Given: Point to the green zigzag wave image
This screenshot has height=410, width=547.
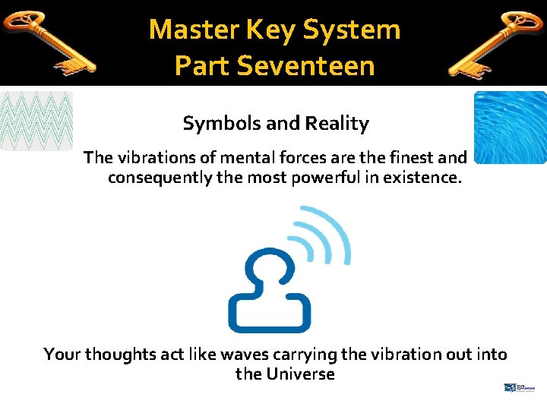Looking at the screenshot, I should (x=36, y=121).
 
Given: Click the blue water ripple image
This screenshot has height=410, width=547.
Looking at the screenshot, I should (x=510, y=127).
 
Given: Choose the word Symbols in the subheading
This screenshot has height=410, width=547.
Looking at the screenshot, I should (x=215, y=123).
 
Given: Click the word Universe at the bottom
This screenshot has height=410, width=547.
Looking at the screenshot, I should (x=299, y=374).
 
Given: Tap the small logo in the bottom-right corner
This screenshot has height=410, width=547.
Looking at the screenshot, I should (x=520, y=388).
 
